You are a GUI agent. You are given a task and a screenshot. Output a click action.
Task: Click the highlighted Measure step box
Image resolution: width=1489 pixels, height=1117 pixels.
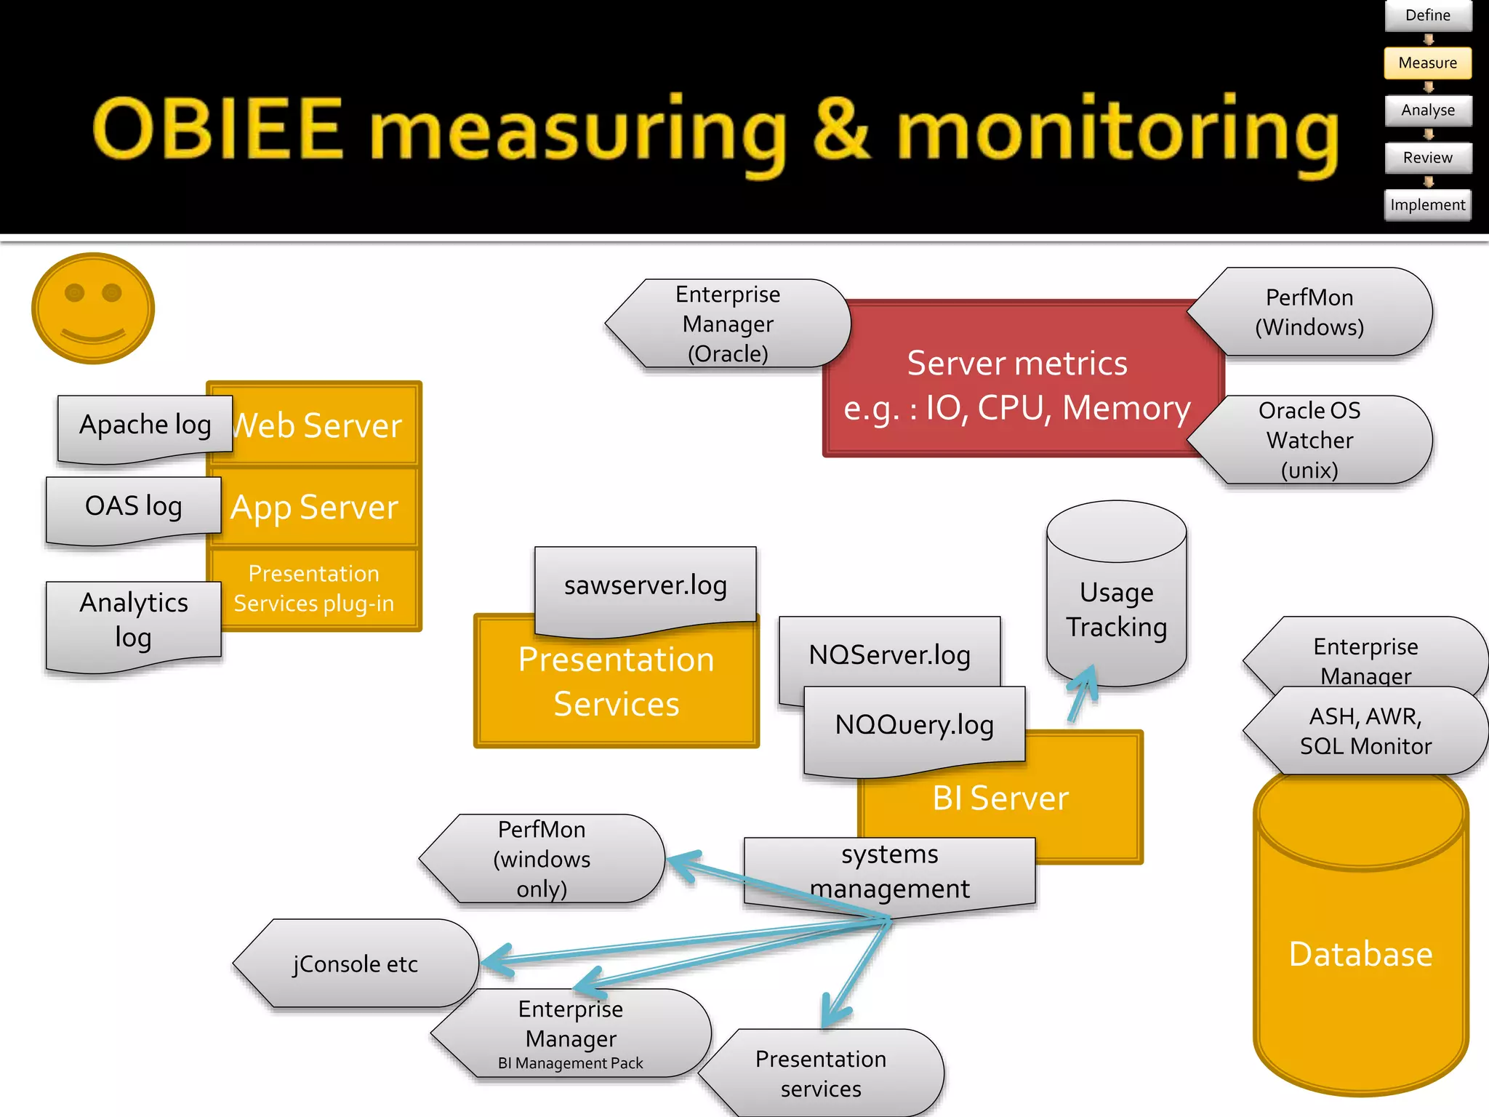1427,63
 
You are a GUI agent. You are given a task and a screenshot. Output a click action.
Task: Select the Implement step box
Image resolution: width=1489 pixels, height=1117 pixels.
1427,205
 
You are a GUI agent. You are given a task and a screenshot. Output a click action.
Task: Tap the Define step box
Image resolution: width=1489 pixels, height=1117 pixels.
1427,15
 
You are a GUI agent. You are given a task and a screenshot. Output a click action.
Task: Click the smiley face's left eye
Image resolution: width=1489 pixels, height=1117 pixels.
74,292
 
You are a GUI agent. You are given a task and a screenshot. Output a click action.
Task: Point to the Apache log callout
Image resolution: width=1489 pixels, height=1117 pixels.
145,425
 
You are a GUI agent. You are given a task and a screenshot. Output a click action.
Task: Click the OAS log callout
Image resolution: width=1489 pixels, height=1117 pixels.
133,507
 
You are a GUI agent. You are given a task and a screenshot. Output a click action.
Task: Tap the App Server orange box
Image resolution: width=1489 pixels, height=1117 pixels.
315,508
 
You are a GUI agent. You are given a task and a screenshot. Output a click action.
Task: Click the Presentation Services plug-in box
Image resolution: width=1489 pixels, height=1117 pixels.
314,588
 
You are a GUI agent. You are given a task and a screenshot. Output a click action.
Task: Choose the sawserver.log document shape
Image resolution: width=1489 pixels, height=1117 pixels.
645,585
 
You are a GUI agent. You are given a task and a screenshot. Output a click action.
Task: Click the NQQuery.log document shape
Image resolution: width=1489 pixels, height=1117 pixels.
914,725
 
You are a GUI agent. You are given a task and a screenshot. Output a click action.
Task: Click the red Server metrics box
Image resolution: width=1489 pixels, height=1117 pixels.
1016,385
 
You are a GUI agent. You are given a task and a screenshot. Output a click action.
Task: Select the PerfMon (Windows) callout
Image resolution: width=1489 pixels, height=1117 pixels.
1309,312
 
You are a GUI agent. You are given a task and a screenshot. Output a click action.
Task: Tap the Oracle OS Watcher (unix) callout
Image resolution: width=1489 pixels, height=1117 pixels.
1309,440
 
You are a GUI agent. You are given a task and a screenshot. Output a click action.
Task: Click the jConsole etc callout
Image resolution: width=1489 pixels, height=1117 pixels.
356,964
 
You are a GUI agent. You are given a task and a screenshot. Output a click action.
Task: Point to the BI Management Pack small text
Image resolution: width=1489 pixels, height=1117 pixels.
570,1063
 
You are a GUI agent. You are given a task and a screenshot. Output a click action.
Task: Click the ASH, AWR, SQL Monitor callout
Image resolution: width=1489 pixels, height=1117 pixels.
1365,731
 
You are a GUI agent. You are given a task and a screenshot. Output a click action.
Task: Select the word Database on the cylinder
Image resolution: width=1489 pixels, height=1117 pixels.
1360,954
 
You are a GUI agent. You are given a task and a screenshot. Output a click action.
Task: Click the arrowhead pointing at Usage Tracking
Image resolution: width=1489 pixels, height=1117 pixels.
1086,677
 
